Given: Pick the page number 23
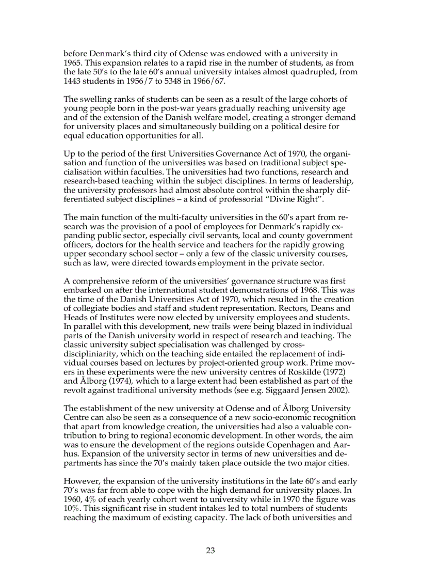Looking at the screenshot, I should [x=211, y=551].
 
